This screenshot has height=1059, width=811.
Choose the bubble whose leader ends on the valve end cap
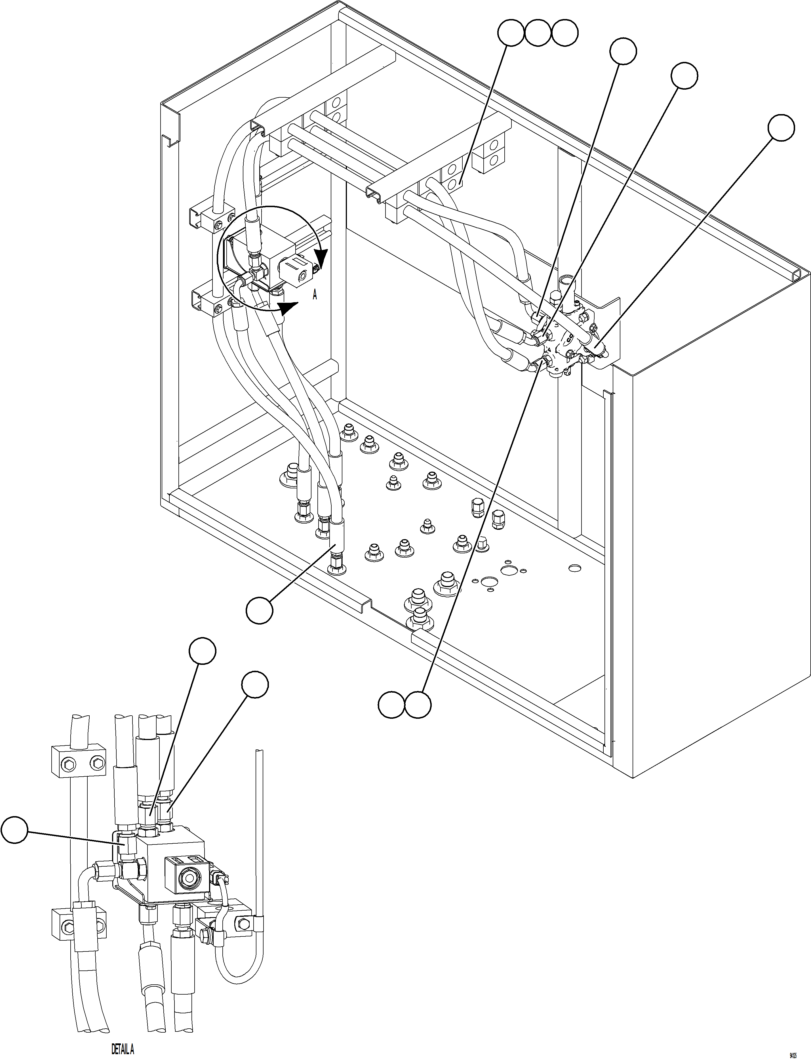781,128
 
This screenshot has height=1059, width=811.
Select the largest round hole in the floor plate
508,571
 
